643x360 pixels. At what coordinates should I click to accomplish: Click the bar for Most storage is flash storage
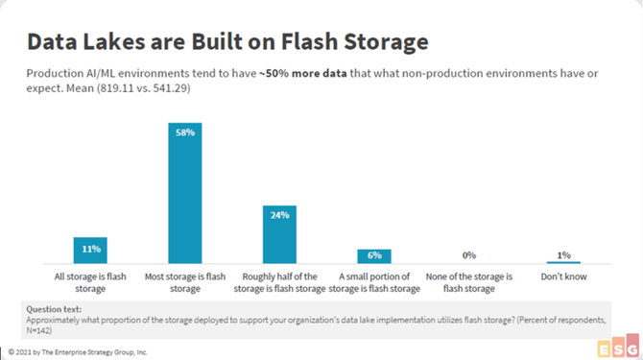point(185,193)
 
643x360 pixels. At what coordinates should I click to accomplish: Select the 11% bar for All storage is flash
point(90,251)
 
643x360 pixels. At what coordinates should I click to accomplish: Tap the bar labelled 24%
point(279,234)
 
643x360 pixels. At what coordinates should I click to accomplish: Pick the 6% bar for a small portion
point(374,256)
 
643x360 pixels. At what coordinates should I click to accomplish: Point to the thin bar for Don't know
point(563,262)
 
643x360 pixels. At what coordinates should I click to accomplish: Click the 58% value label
point(185,132)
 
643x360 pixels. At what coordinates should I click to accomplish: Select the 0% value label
point(469,255)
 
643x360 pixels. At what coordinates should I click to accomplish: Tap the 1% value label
point(564,255)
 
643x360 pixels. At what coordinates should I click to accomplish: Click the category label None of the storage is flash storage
point(469,282)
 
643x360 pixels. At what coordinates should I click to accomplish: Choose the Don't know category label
point(564,276)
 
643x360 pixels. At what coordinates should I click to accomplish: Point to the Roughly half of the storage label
point(279,282)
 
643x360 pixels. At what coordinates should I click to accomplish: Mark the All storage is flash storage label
point(90,282)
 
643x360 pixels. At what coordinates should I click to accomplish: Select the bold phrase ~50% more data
point(303,73)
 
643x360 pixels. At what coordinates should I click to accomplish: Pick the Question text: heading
point(54,309)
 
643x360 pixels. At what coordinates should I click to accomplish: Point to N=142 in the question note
point(37,330)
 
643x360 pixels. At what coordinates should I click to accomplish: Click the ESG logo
point(618,346)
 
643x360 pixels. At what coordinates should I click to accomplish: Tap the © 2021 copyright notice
point(78,352)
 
